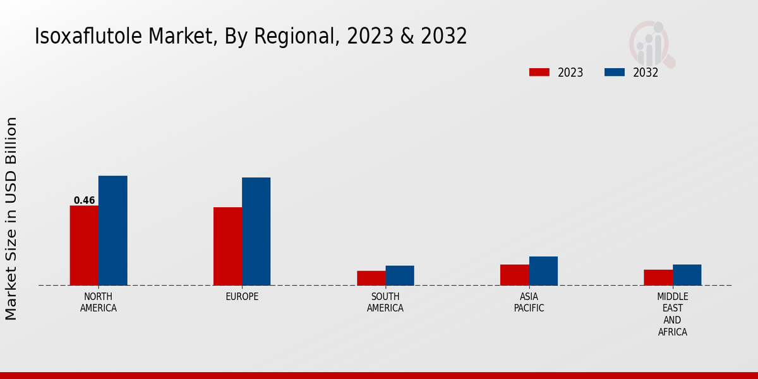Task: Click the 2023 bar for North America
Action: point(84,245)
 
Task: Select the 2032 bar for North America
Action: point(112,231)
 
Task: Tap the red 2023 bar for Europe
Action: point(227,246)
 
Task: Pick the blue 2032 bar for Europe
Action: point(256,231)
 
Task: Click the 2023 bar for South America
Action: point(371,278)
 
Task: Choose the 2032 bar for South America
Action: point(400,275)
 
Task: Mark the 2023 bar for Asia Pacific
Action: point(514,275)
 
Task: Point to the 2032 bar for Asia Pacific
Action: point(543,271)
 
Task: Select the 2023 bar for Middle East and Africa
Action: point(658,277)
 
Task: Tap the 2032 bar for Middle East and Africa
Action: point(687,275)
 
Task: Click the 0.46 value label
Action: point(84,201)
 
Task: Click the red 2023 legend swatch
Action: point(539,73)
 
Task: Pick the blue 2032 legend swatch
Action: point(614,73)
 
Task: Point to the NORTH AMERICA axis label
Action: point(98,303)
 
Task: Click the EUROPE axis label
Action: point(242,297)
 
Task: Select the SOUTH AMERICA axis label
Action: point(385,303)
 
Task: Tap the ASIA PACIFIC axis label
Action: point(529,303)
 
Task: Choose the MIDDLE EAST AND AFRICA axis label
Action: point(672,315)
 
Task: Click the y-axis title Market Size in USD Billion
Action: point(11,218)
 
